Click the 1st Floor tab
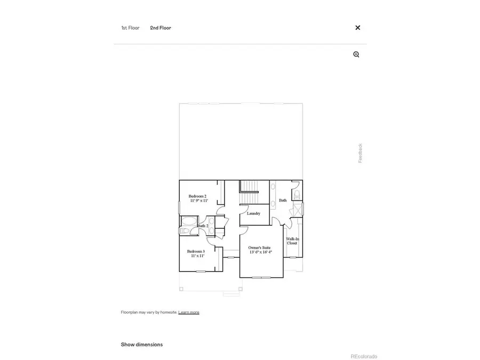130,28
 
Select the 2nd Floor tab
161,28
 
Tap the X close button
358,28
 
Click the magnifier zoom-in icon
356,54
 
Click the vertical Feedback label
360,153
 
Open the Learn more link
189,312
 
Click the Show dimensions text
142,345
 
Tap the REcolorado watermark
364,356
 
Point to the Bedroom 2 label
197,196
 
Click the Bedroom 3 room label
196,251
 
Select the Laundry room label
253,213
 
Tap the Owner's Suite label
260,247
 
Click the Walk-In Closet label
292,241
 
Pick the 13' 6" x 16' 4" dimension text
261,252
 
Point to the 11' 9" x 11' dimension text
198,201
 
